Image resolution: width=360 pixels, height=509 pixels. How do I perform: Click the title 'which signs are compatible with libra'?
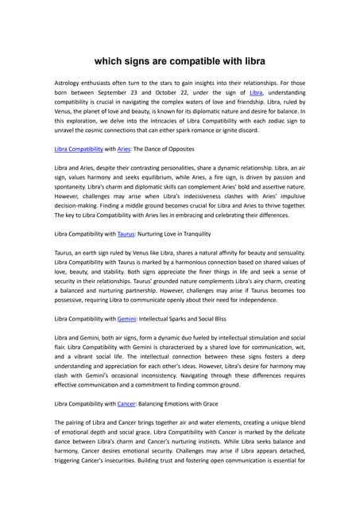[x=180, y=60]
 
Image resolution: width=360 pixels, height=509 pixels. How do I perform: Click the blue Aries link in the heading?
[x=124, y=149]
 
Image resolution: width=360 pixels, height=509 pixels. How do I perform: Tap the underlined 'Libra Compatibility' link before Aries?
[x=79, y=149]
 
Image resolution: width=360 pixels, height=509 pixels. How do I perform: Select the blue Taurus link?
[x=126, y=234]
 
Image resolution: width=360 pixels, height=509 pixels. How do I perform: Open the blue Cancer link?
[x=126, y=403]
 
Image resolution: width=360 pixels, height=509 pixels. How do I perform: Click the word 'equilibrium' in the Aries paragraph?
[x=156, y=181]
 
